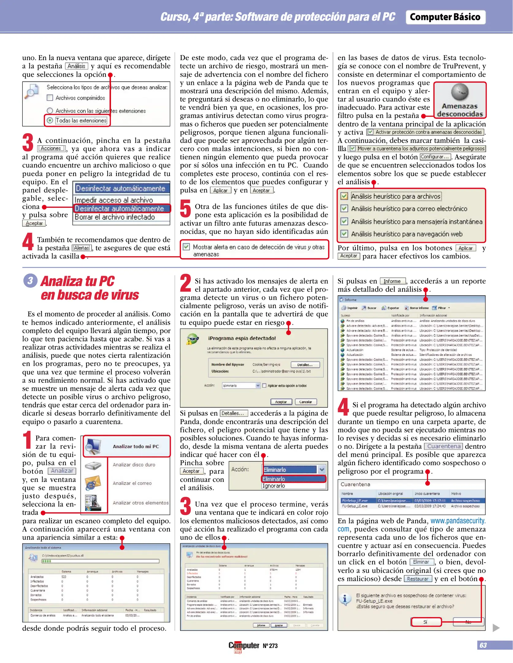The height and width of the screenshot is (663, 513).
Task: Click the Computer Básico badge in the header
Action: tap(445, 17)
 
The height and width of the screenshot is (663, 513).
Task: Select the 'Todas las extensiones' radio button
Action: tap(50, 120)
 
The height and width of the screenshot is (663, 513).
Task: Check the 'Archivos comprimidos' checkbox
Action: tap(50, 98)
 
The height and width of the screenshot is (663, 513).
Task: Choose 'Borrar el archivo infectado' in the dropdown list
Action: tap(115, 217)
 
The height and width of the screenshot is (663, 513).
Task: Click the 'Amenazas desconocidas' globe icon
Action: tap(460, 92)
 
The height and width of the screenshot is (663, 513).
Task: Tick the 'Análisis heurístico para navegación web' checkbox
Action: tap(344, 234)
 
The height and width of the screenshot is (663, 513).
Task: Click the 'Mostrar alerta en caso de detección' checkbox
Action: tap(186, 247)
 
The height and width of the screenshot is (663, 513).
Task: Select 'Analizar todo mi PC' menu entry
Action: tap(136, 446)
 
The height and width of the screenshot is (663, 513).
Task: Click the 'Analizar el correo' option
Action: tap(132, 483)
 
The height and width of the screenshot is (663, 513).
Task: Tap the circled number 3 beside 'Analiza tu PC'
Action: tap(30, 281)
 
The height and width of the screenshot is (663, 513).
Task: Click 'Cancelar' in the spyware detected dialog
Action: tap(305, 402)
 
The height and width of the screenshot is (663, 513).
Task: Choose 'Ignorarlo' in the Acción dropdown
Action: tap(274, 486)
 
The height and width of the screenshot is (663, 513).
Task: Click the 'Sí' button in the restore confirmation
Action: tap(426, 622)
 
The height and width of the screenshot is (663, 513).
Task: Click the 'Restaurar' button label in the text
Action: tap(418, 579)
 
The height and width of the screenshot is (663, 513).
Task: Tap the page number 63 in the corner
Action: tap(483, 645)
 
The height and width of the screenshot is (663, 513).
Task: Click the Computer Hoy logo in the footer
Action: tap(244, 646)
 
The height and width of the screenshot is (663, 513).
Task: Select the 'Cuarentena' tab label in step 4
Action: tap(444, 446)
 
